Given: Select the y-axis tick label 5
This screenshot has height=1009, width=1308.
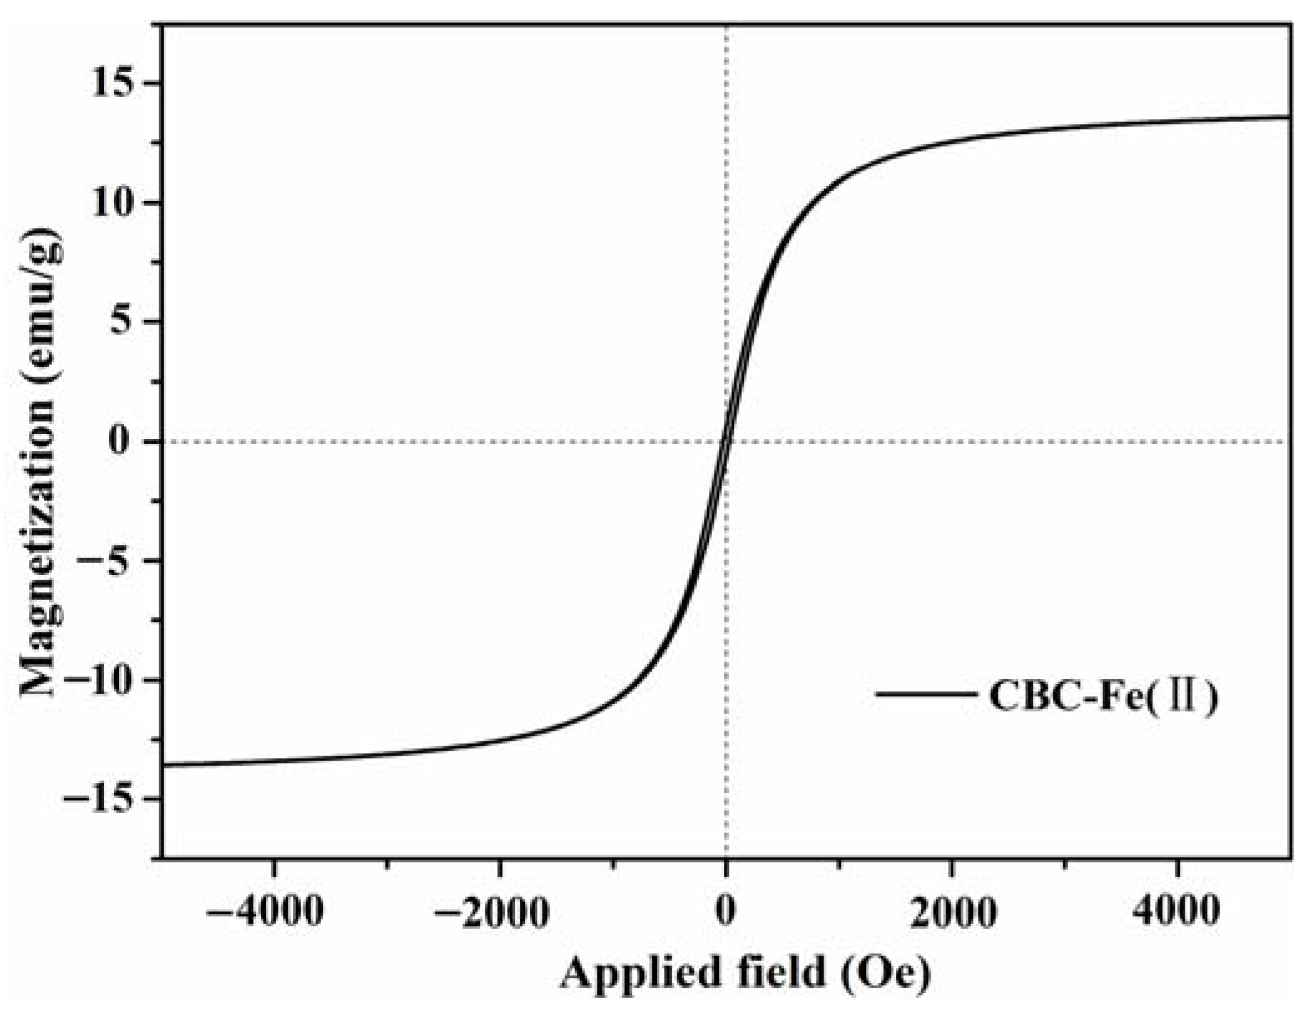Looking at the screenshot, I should [128, 322].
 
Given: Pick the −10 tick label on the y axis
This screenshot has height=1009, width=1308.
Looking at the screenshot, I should [100, 680].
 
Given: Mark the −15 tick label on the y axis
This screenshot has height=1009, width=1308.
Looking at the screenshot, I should [100, 799].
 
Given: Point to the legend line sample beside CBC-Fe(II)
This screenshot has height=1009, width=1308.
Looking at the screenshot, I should [924, 693].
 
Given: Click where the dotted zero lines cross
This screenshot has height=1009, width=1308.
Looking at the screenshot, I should [725, 442].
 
